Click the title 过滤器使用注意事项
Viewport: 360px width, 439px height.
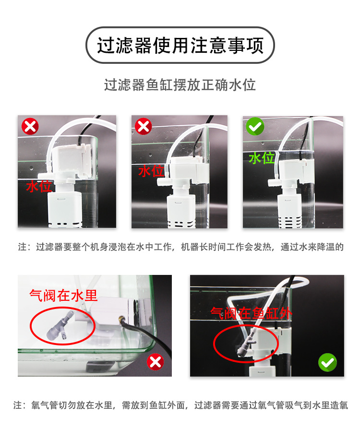tap(180, 46)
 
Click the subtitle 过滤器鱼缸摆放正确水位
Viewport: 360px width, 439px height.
tap(180, 85)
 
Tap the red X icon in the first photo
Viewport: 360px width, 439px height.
tap(30, 127)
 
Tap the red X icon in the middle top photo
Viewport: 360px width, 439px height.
tap(143, 127)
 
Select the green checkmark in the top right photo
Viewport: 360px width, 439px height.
tap(255, 127)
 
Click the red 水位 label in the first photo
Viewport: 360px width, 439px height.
tap(39, 186)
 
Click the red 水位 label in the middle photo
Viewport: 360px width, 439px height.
tap(151, 171)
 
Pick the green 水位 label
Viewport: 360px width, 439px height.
tap(262, 158)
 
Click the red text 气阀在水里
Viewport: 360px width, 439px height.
tap(63, 295)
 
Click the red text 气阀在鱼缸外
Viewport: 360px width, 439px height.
tap(252, 313)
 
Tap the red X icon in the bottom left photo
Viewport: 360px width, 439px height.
tap(155, 362)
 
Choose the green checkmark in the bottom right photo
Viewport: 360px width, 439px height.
tap(327, 363)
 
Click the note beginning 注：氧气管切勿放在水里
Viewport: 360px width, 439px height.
tap(180, 405)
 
